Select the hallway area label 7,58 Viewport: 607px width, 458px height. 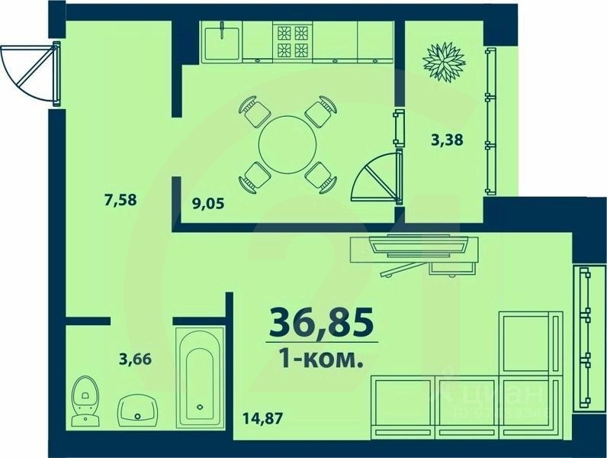(x=120, y=201)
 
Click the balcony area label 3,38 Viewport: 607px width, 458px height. (x=447, y=140)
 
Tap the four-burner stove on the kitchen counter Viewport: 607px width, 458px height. (x=293, y=41)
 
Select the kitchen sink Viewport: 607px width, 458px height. (x=223, y=39)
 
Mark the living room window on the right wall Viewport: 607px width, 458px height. (x=586, y=336)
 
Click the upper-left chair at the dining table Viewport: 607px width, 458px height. (x=254, y=113)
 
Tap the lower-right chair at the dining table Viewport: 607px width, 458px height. (x=320, y=178)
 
